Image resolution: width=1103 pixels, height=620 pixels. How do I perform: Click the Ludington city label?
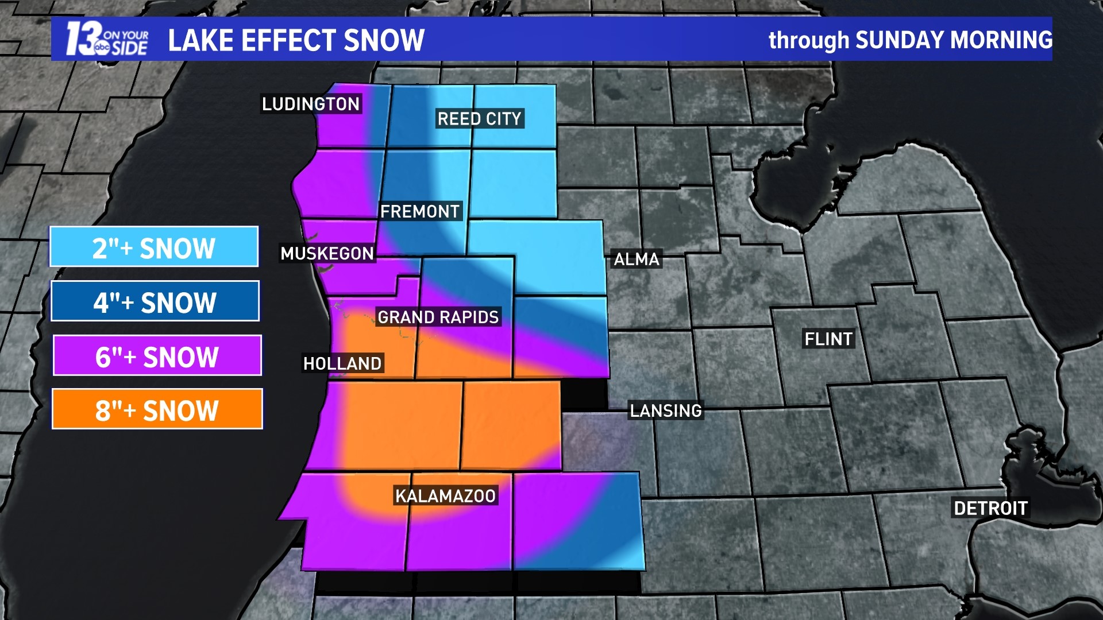pos(311,104)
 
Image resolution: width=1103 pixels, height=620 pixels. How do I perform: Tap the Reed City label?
pos(479,119)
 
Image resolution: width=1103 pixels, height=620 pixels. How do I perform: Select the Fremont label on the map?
pos(420,211)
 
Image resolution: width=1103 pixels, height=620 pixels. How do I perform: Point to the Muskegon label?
pos(327,253)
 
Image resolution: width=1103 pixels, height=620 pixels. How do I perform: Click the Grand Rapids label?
pos(438,317)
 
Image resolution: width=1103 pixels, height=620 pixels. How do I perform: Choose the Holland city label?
pos(342,363)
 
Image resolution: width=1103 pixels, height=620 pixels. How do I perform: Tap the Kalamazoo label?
pos(445,496)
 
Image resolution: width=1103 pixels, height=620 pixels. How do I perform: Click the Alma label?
pos(637,259)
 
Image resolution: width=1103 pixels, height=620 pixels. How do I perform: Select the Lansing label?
pos(666,410)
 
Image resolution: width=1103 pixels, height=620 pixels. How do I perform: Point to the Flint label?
pos(828,339)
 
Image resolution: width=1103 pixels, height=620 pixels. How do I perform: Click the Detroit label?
pos(990,508)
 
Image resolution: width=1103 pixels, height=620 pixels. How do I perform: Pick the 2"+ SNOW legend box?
pos(154,247)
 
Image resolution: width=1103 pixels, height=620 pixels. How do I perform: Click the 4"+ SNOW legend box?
pos(155,301)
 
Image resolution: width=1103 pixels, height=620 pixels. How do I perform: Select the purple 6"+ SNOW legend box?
pos(157,356)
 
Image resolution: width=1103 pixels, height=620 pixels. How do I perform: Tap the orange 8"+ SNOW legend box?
pos(157,409)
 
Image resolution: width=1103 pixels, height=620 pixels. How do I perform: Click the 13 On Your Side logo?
pos(107,40)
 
